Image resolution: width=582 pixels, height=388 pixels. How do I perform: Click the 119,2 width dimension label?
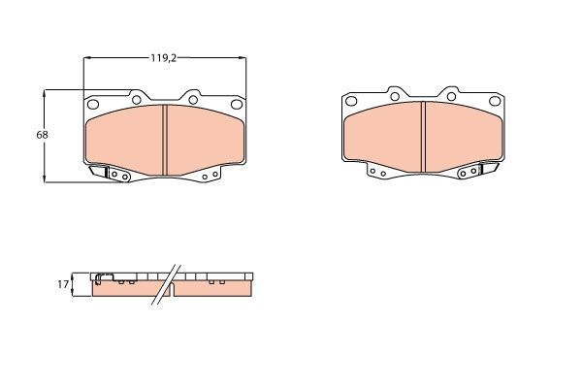pos(164,57)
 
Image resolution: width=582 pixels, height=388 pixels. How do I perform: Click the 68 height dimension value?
pos(43,134)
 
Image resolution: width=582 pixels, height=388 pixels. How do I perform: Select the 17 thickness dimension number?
pos(63,284)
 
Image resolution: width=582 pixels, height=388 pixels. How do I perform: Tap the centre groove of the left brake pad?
pos(165,133)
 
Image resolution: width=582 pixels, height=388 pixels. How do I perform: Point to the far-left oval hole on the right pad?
pos(352,101)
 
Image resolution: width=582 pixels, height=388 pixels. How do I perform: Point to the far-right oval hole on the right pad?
pos(497,101)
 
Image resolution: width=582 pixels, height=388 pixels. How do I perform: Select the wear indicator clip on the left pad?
pos(99,173)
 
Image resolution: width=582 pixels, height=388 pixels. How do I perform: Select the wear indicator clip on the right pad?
pos(491,170)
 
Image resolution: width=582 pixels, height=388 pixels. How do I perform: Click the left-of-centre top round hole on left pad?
pos(136,99)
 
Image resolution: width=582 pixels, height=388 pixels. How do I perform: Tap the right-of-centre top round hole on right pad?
pos(452,95)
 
